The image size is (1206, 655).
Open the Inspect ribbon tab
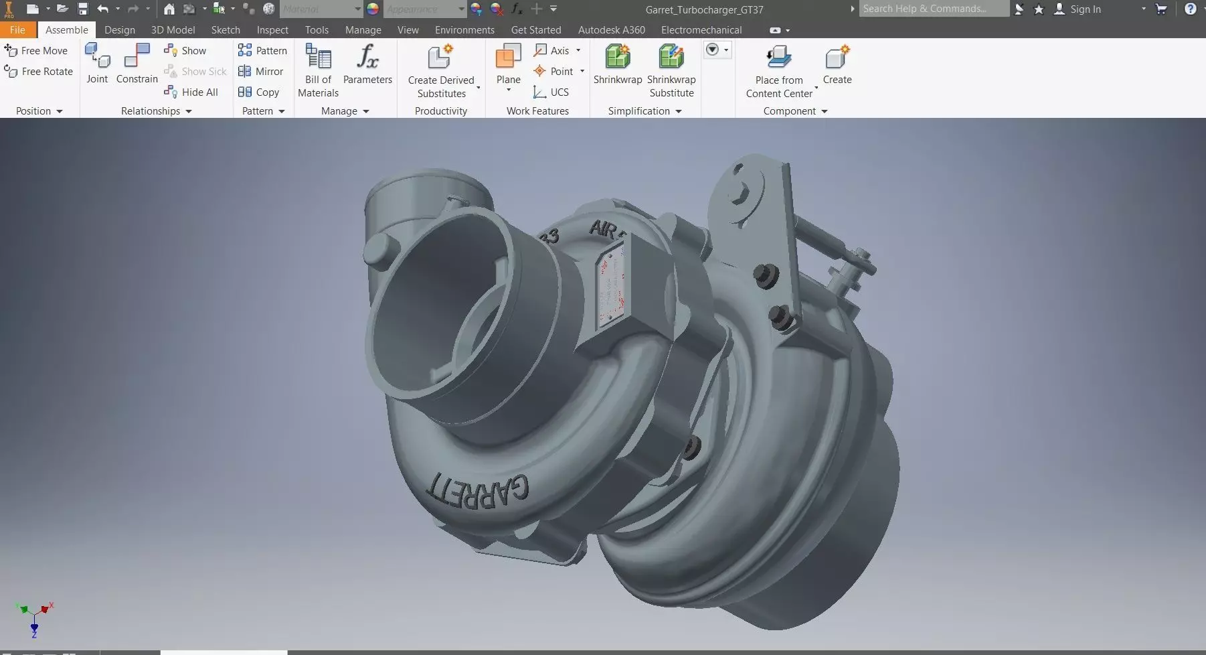click(x=272, y=30)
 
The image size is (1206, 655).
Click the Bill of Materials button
click(x=318, y=58)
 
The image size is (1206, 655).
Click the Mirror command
click(x=262, y=72)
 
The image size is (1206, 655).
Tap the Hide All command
click(x=192, y=92)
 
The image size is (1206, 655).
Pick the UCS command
click(x=551, y=92)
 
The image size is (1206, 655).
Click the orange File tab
click(x=17, y=30)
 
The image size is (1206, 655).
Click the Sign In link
click(x=1084, y=9)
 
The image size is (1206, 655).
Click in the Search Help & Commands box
click(x=933, y=9)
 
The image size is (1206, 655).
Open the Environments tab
click(x=464, y=30)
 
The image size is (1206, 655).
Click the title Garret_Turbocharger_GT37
click(x=704, y=9)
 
